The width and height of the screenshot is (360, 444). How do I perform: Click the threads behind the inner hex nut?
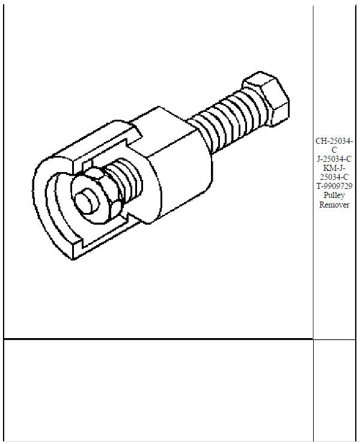[128, 176]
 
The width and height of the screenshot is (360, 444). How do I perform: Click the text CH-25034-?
[335, 141]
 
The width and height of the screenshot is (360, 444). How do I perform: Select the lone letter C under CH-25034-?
[335, 150]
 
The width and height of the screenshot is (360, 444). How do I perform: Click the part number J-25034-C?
[335, 159]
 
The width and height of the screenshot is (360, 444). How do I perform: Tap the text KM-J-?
[335, 168]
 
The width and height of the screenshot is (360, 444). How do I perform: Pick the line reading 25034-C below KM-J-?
[335, 177]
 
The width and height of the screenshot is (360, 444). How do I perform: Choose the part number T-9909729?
[335, 187]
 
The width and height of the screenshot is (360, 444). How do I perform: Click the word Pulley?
[335, 196]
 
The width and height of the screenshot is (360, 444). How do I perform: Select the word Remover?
[335, 205]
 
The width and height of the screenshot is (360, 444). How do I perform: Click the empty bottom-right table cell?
[335, 391]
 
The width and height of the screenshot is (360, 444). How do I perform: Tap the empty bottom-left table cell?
[158, 391]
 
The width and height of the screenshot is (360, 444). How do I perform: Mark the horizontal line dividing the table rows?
[158, 339]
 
